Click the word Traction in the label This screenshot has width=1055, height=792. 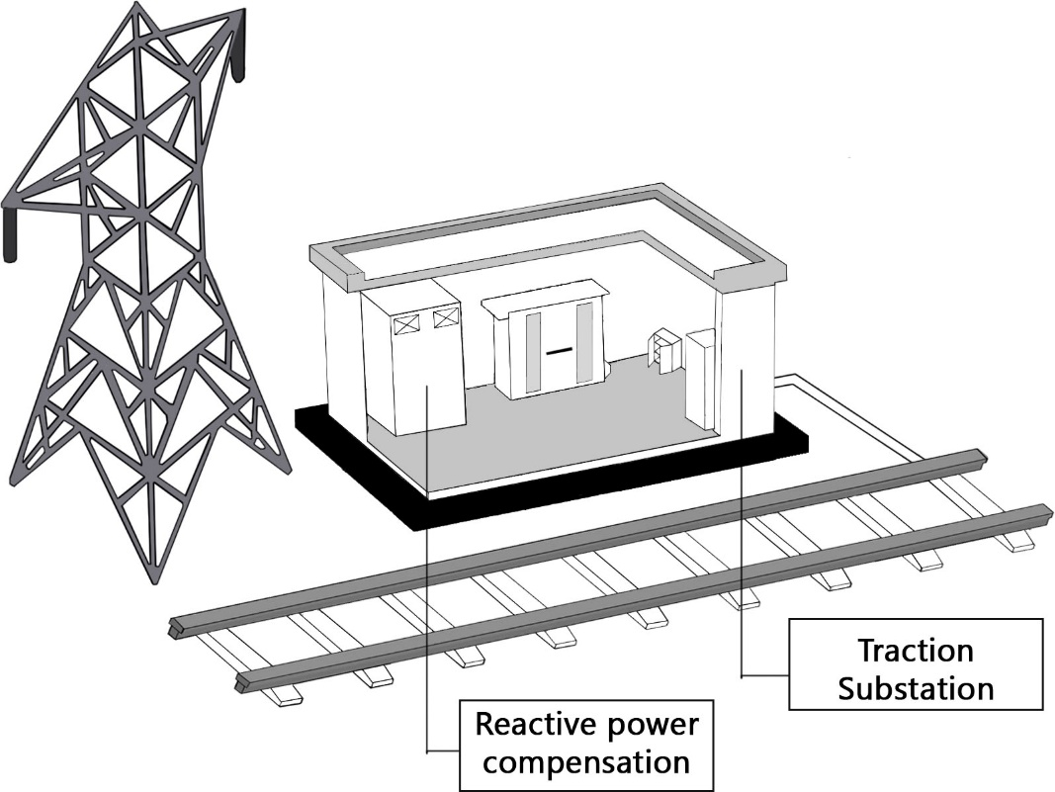[915, 651]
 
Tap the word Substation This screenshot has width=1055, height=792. [915, 687]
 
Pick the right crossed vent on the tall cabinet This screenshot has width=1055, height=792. [446, 316]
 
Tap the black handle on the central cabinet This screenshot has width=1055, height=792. [559, 349]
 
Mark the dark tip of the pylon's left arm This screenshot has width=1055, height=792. [10, 232]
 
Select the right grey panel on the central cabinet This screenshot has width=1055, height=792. [584, 342]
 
